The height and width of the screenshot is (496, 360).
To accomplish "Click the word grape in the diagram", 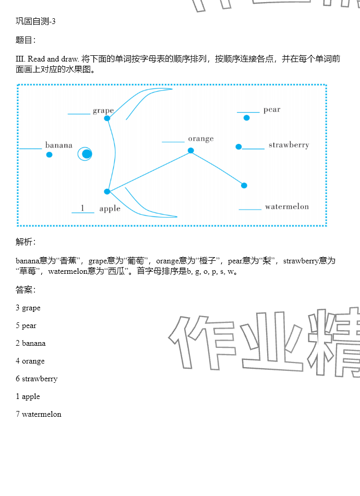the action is [x=103, y=111].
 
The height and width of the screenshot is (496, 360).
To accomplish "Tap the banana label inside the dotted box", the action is [x=58, y=146].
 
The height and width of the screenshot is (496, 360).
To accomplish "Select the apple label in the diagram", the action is [x=110, y=209].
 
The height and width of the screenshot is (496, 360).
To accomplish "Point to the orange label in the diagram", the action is [x=201, y=139].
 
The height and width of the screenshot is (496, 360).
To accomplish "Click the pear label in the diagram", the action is [x=272, y=110].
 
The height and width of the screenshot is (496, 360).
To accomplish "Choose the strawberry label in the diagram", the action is [x=289, y=145].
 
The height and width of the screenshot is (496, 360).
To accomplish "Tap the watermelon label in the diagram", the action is [x=286, y=207].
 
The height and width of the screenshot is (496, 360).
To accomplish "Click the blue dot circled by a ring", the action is [x=87, y=154].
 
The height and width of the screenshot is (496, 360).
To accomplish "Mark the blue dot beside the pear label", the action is [x=247, y=118].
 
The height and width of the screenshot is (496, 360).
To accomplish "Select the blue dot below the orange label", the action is [x=191, y=151].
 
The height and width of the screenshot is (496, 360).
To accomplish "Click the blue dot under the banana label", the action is [x=49, y=155].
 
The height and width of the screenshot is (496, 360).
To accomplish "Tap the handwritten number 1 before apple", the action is [x=82, y=208].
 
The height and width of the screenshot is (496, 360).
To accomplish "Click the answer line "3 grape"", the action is [x=28, y=308].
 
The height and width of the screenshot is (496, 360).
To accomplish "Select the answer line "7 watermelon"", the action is [x=39, y=414].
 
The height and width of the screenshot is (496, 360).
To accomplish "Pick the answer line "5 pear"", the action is [x=26, y=325].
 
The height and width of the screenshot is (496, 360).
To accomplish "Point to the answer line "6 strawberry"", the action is [x=37, y=379].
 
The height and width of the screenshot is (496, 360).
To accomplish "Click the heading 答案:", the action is [x=26, y=290].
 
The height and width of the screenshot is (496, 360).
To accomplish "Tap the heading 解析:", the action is [x=26, y=241].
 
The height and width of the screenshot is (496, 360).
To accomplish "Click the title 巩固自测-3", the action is [x=35, y=21].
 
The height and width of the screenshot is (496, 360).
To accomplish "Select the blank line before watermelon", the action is [x=250, y=209].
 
